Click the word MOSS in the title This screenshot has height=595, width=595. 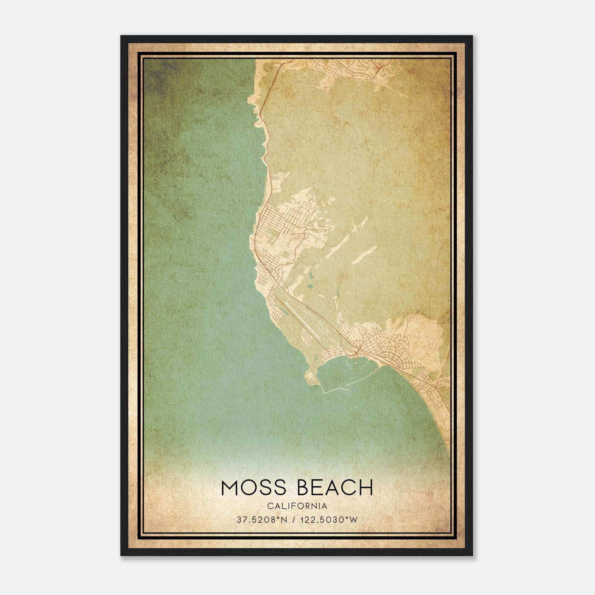254,488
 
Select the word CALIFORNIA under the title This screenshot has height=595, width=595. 297,506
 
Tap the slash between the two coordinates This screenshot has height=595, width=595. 294,520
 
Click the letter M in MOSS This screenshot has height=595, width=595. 229,488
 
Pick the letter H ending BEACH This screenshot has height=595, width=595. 366,488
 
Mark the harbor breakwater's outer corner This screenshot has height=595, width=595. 324,392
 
